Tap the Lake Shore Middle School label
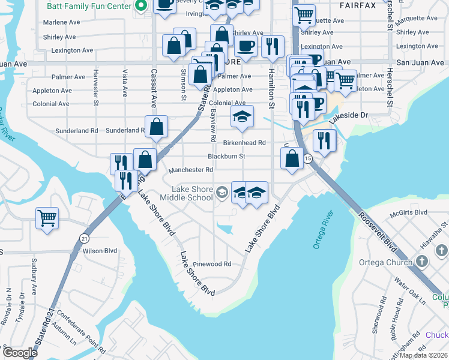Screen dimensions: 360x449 [191, 193]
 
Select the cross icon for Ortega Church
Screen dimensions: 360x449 [422, 262]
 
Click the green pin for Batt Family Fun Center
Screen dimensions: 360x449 [141, 7]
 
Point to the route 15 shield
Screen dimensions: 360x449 [308, 158]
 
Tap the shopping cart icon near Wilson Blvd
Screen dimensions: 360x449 [47, 218]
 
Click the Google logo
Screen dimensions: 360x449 [20, 352]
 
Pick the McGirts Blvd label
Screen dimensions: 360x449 [409, 212]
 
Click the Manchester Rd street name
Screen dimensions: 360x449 [191, 170]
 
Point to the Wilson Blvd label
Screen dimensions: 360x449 [100, 251]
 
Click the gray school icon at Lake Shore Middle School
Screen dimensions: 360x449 [221, 192]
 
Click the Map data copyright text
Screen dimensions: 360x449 [424, 355]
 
